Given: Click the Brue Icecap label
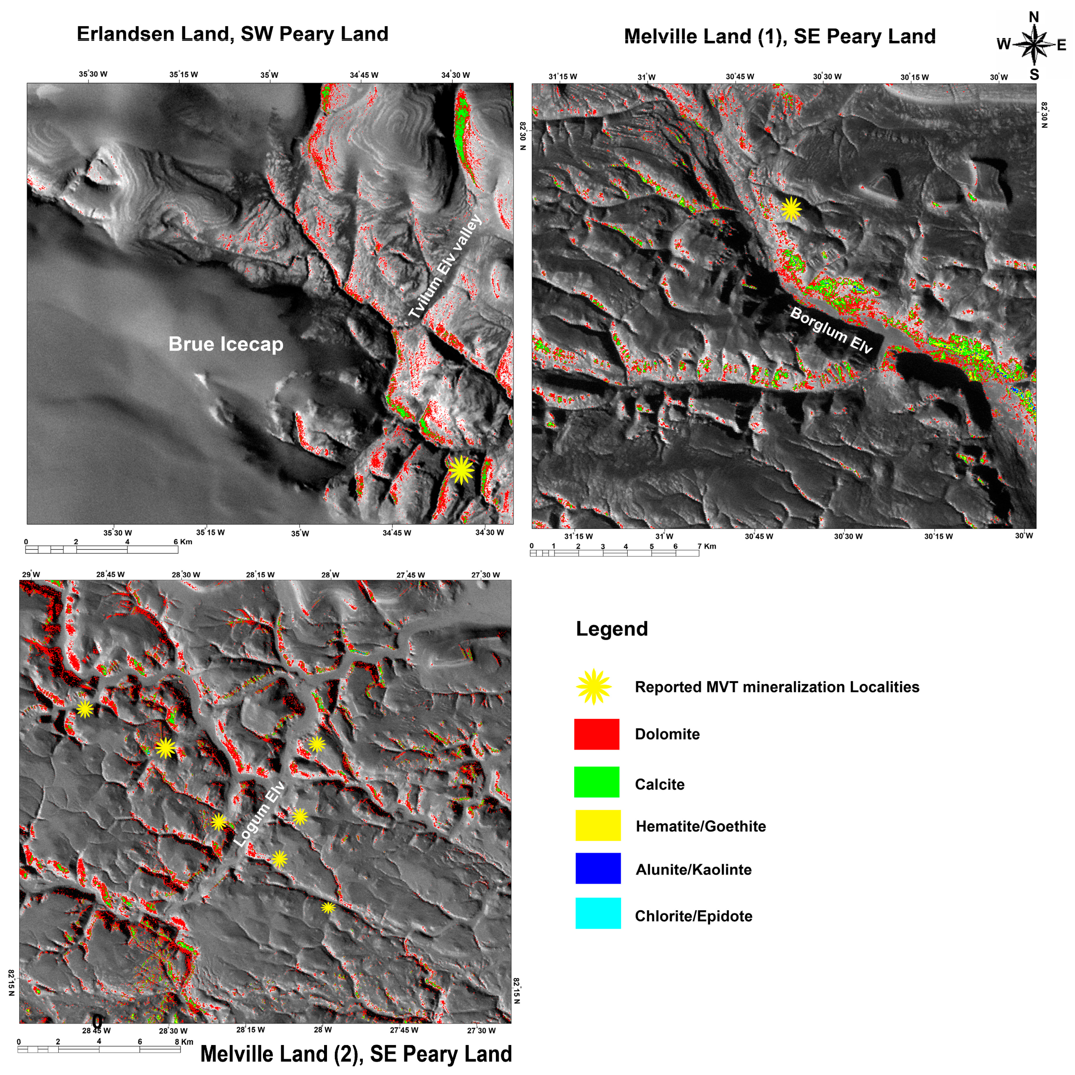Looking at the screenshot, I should point(226,344).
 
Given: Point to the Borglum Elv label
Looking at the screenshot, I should point(831,330).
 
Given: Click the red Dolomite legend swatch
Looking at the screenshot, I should point(597,734).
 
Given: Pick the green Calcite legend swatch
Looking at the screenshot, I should point(597,782).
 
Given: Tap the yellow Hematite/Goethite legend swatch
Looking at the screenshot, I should point(597,825).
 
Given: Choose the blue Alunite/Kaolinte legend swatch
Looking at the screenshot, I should point(597,868).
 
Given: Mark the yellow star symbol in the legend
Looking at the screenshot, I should point(594,686).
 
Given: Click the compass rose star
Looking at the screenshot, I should point(1033,45).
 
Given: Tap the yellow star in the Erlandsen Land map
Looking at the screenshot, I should point(461,470).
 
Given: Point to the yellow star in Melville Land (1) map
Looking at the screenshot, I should point(791,210).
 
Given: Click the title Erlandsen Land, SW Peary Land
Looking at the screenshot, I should point(232,34).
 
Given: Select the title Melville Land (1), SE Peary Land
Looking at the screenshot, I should point(780,37).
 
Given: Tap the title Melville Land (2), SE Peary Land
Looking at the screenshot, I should point(356,1053).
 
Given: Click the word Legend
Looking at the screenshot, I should point(612,629).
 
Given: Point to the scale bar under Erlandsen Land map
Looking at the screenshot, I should point(102,550).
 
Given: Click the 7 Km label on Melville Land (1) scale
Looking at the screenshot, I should point(707,546).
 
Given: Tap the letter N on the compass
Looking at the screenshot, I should point(1034,17).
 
